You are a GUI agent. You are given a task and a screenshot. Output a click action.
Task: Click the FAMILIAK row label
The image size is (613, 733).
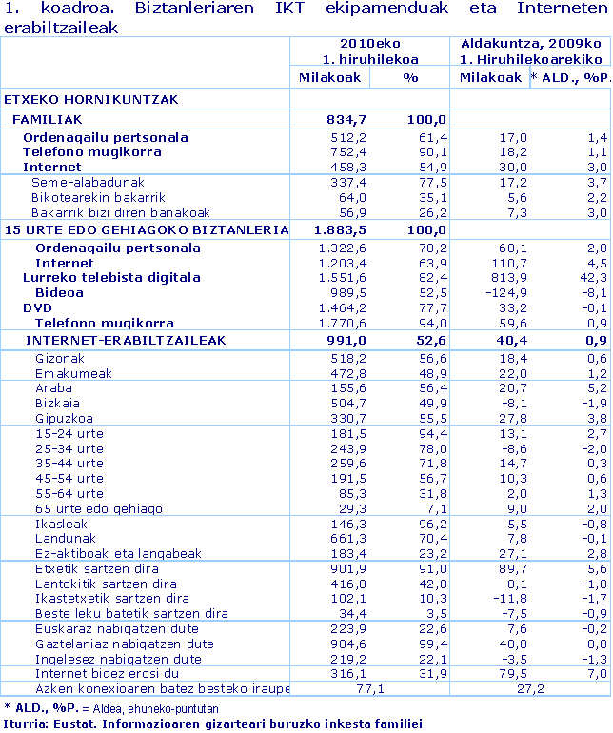pos(47,119)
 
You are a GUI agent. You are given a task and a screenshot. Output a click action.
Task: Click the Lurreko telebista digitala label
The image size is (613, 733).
pos(111,278)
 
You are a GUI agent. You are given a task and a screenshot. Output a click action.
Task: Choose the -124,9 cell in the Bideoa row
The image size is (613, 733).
pos(504,293)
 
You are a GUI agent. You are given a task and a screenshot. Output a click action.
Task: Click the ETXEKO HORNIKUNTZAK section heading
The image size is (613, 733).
pos(78,99)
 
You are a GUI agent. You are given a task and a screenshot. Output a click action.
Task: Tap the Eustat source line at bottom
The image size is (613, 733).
pos(211,723)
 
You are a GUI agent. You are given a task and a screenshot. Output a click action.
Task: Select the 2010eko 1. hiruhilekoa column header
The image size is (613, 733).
pos(370,50)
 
